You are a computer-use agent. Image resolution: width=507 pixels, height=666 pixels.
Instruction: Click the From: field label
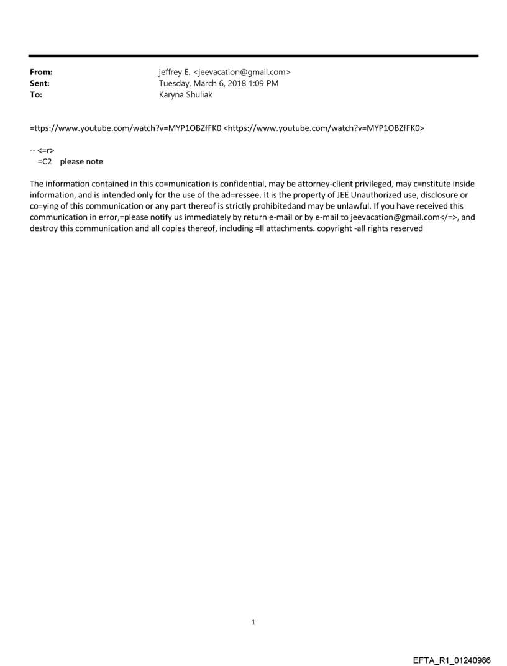[41, 72]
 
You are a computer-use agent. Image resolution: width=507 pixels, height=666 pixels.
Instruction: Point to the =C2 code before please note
[44, 162]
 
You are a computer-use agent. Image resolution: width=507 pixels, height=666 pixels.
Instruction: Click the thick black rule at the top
[253, 56]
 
